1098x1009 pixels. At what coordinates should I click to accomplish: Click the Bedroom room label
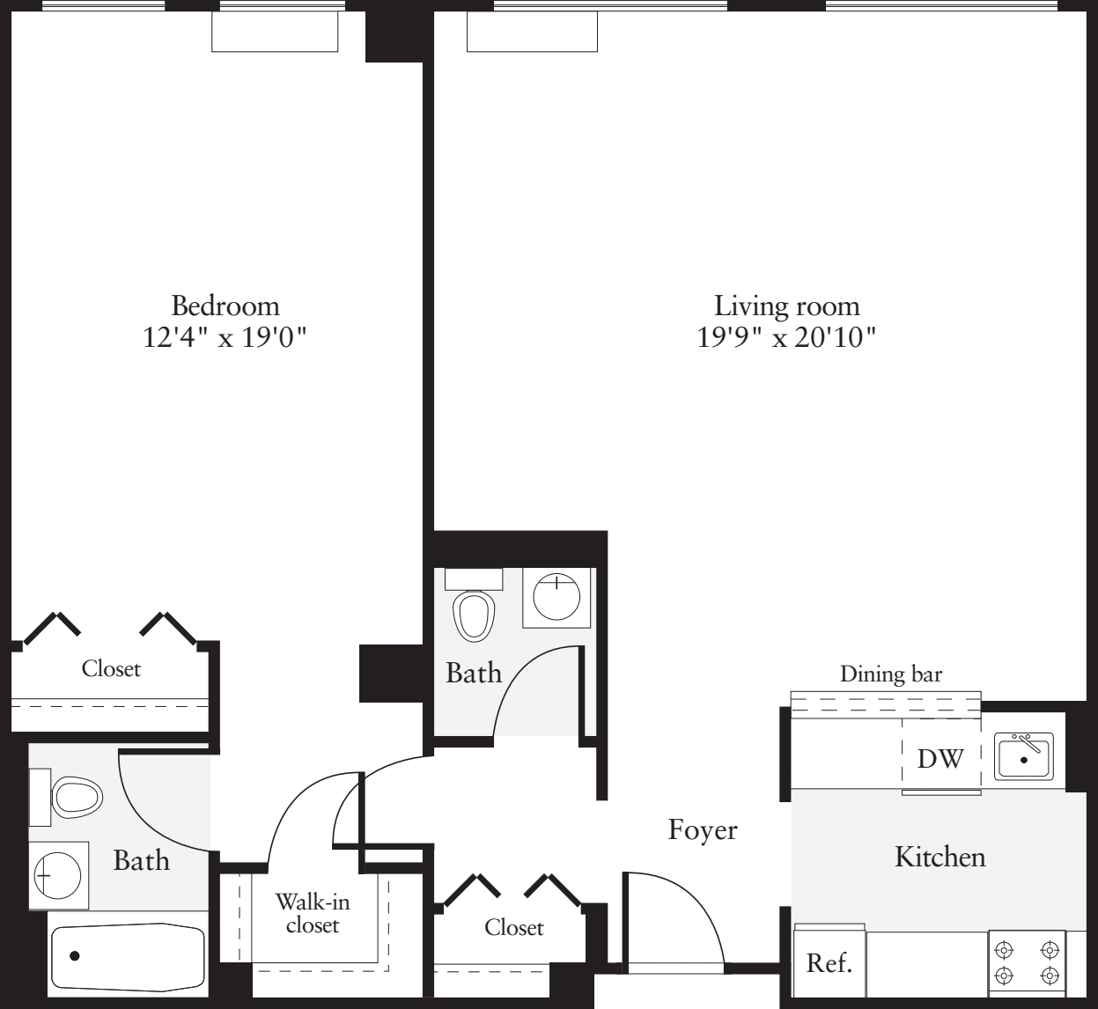[x=225, y=306]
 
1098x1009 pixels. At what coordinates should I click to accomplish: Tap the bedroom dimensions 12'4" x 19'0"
[x=225, y=337]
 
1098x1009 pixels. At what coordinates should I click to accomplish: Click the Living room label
[x=786, y=306]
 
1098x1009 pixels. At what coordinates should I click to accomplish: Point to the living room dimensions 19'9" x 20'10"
[x=786, y=337]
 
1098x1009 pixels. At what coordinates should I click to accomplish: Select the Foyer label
[x=702, y=829]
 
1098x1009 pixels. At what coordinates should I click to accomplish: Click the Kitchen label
[x=940, y=856]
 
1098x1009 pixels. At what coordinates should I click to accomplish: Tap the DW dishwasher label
[x=940, y=758]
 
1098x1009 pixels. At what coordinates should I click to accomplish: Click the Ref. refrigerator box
[x=829, y=962]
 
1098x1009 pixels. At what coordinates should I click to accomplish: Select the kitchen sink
[x=1023, y=756]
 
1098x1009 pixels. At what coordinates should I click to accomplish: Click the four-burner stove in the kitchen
[x=1026, y=963]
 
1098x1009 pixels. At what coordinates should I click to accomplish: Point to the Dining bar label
[x=890, y=674]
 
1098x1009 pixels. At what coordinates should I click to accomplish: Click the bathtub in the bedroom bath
[x=128, y=956]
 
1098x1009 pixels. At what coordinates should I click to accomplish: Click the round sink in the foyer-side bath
[x=556, y=596]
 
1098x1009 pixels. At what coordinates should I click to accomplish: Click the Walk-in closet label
[x=312, y=913]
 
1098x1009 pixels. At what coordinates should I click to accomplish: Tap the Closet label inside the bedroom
[x=111, y=668]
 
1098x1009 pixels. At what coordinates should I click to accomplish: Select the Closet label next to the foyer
[x=513, y=927]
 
